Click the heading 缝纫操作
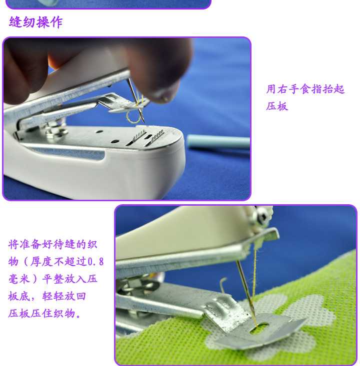point(36,22)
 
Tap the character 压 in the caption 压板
point(271,106)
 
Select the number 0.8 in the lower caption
point(95,262)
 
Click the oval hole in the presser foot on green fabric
point(259,327)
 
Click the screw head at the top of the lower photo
point(262,215)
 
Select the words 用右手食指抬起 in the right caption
point(305,89)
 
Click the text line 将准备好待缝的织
point(52,245)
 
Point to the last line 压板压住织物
point(44,313)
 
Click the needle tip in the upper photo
point(144,122)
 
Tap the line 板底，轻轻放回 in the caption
point(47,296)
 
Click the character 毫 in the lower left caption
point(14,279)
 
